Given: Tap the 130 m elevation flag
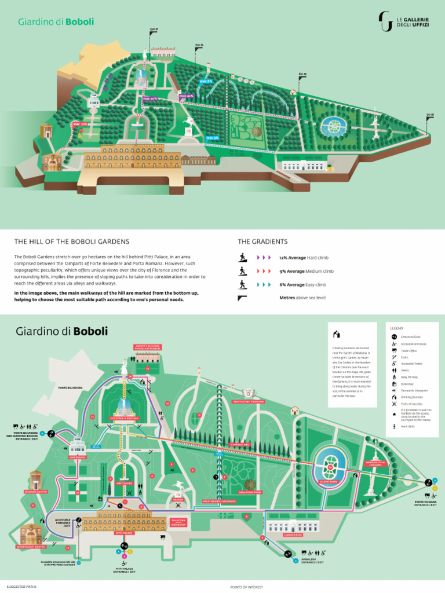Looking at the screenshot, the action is click(153, 32).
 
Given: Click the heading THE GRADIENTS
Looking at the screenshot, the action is click(262, 241).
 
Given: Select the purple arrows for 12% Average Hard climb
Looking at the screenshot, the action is click(264, 257).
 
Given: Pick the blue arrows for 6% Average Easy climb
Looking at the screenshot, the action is click(264, 284).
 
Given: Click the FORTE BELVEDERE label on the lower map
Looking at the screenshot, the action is click(70, 387).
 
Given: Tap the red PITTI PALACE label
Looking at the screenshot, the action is click(125, 533).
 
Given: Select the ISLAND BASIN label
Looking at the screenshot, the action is click(329, 481).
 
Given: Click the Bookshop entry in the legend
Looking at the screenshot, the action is click(407, 385).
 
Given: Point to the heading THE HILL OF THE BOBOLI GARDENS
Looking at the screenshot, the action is click(72, 241).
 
